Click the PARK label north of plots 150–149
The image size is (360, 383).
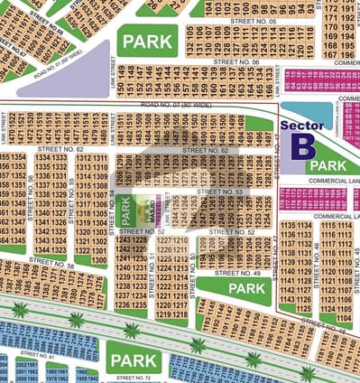pyautogui.click(x=148, y=42)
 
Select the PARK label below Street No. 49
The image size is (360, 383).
pyautogui.click(x=246, y=288)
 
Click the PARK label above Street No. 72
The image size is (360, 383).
pyautogui.click(x=134, y=361)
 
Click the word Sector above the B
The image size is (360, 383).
pyautogui.click(x=301, y=127)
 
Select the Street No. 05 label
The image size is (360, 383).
pyautogui.click(x=254, y=19)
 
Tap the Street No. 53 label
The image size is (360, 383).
pyautogui.click(x=219, y=191)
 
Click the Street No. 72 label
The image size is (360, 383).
pyautogui.click(x=133, y=378)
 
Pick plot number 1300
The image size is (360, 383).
pyautogui.click(x=97, y=260)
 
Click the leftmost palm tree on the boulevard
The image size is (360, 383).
pyautogui.click(x=20, y=310)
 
